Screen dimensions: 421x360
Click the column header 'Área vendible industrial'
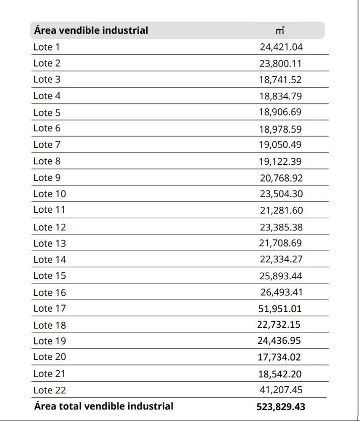[91, 30]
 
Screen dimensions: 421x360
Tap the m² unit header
[280, 31]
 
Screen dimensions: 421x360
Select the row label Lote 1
[46, 47]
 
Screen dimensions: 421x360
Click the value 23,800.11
[281, 64]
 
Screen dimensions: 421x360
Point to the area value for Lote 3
[281, 80]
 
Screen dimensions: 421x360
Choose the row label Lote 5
[47, 112]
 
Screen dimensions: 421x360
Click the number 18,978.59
[281, 129]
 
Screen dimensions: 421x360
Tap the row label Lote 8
[47, 161]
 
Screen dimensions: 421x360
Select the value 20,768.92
[281, 178]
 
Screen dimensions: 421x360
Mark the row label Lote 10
[49, 194]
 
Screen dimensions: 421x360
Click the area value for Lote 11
[281, 210]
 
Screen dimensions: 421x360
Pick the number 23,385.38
[281, 227]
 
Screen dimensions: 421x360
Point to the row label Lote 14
[49, 260]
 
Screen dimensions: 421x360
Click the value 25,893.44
[281, 276]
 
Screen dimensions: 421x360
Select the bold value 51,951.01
[280, 309]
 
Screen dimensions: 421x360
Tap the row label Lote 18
[49, 325]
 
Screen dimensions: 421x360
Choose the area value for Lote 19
[279, 341]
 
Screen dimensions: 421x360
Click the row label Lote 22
[49, 390]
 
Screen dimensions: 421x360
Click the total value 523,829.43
[280, 406]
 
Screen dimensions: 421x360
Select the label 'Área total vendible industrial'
[104, 406]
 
